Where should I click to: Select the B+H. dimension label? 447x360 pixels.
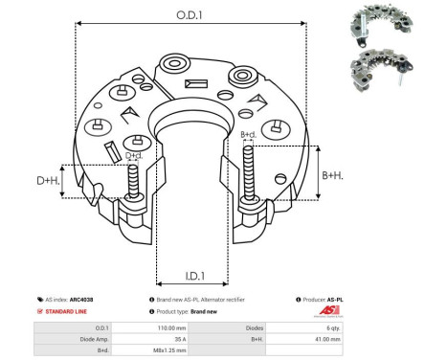pos(331,174)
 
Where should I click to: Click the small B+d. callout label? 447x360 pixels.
pos(247,134)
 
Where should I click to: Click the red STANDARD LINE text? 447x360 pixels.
pos(70,312)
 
